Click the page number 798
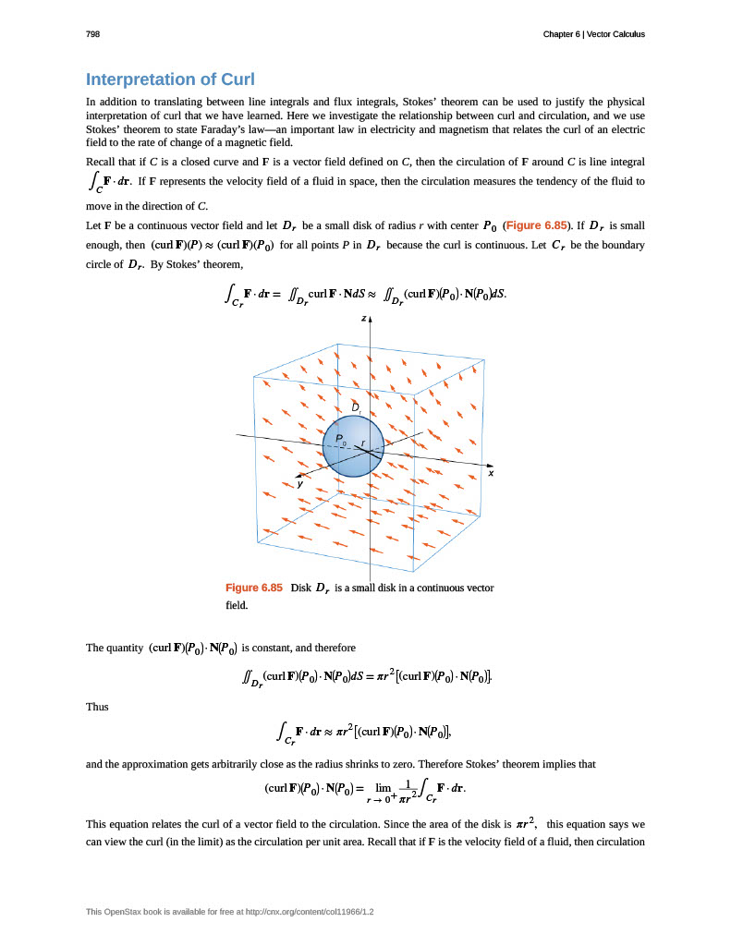(x=92, y=34)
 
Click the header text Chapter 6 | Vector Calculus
(x=594, y=34)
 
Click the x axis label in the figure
(x=491, y=473)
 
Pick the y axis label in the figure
(x=299, y=483)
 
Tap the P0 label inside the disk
(x=340, y=440)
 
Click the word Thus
(x=97, y=707)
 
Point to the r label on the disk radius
(x=363, y=443)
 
